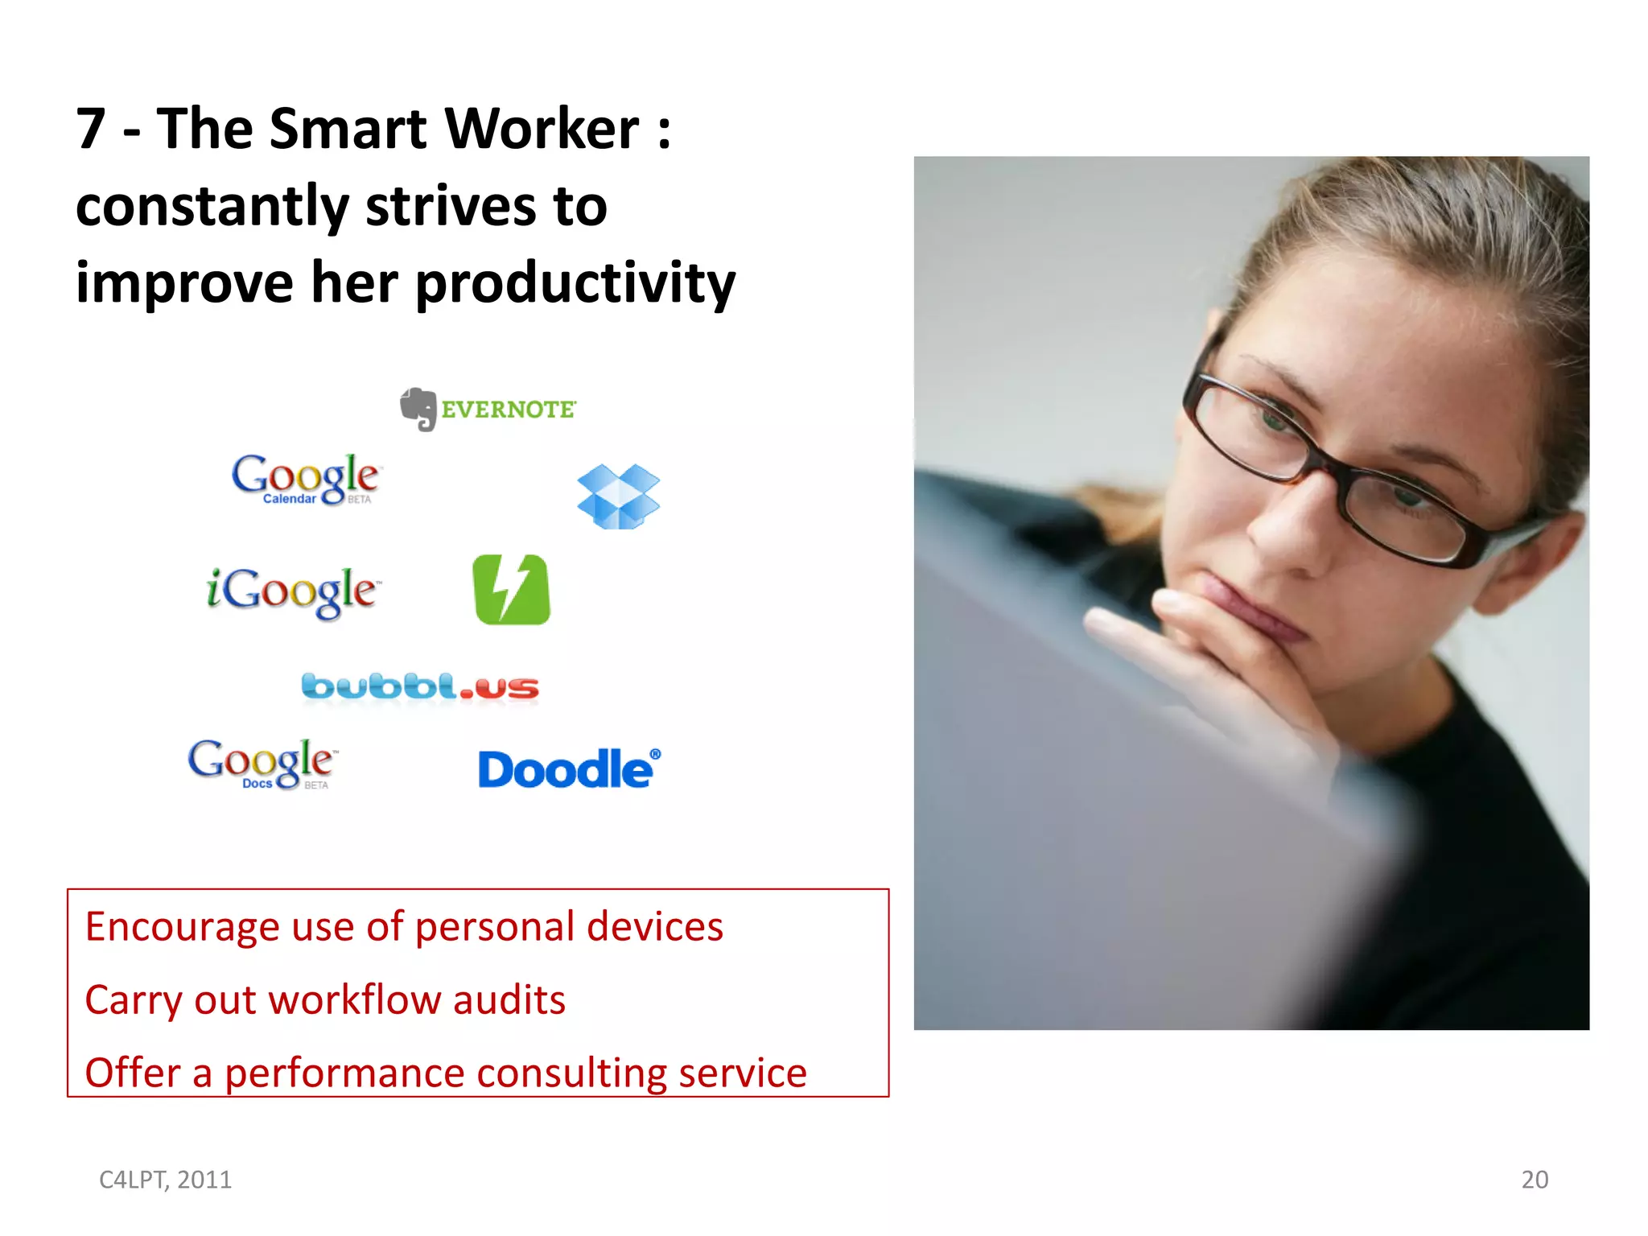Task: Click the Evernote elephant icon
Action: point(418,409)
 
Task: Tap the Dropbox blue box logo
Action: point(618,496)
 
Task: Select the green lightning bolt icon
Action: point(512,589)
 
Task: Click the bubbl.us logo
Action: point(420,687)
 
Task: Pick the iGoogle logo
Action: point(292,591)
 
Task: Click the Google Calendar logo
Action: point(306,479)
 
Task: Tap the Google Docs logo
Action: point(262,763)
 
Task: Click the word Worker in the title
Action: point(542,129)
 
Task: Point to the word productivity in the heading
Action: point(575,283)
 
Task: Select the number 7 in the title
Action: point(91,129)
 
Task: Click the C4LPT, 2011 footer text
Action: point(165,1180)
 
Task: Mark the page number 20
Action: point(1535,1180)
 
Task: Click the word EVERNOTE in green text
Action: point(509,410)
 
